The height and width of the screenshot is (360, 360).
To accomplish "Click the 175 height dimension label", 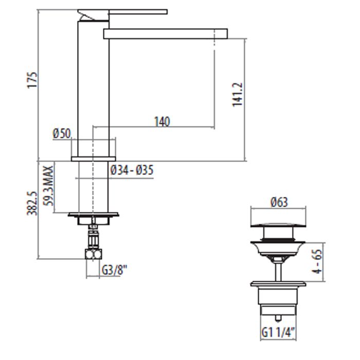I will [x=32, y=80].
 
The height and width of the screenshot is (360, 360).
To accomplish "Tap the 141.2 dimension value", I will [x=237, y=93].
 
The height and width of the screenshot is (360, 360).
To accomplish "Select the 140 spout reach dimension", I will [x=161, y=121].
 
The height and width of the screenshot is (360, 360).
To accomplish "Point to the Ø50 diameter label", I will [x=61, y=134].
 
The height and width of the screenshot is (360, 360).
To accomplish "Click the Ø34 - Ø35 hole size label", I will [x=132, y=169].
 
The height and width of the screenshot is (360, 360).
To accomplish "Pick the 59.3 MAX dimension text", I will [x=49, y=186].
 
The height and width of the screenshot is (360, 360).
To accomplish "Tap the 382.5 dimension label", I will [x=32, y=204].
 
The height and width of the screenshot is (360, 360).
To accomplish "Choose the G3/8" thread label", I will [x=114, y=269].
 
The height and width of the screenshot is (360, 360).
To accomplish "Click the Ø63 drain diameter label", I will [x=278, y=202].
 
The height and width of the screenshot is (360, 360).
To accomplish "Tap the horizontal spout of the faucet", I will [x=165, y=33].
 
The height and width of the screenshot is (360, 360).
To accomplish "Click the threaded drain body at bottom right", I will [x=278, y=301].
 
